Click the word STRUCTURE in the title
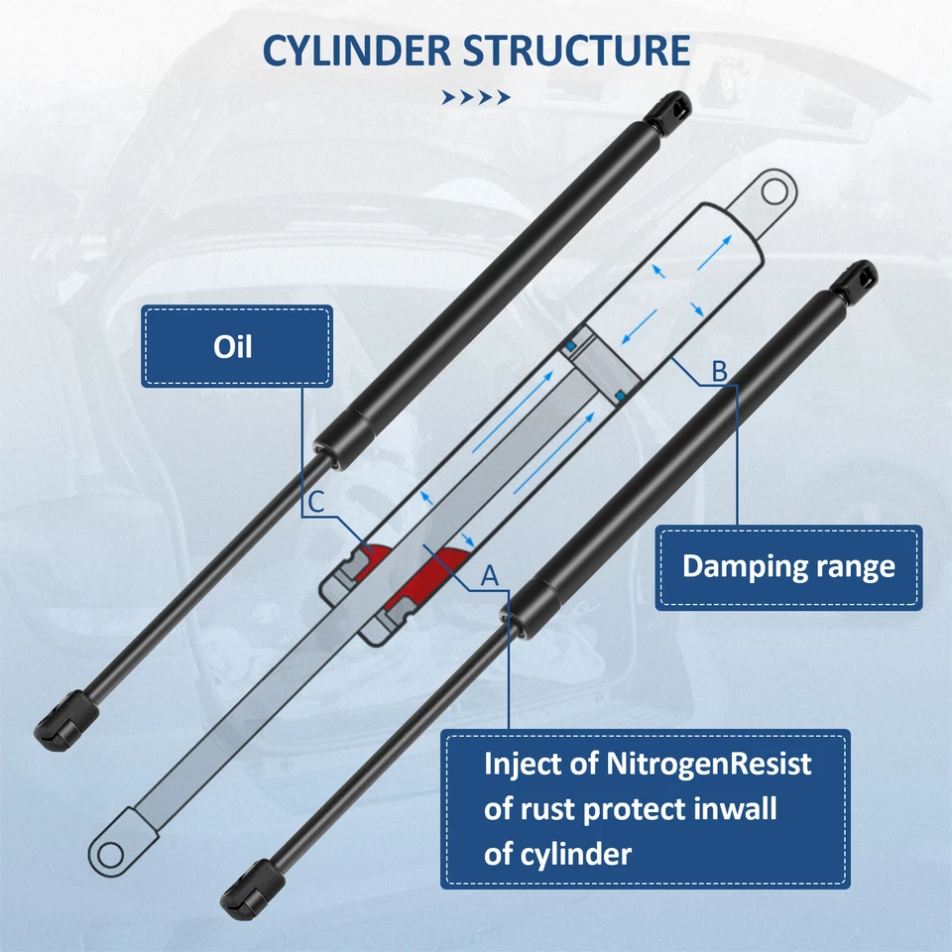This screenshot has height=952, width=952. [x=577, y=51]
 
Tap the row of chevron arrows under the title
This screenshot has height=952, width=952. [x=476, y=97]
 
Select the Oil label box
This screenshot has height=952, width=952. [x=236, y=347]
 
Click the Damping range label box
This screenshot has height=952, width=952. [x=788, y=567]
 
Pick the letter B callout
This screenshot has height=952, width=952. [x=720, y=372]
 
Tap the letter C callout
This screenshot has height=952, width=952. [x=314, y=504]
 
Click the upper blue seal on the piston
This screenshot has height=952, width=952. [x=571, y=344]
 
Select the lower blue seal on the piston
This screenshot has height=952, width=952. [x=620, y=396]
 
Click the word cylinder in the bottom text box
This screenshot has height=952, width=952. [x=572, y=854]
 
